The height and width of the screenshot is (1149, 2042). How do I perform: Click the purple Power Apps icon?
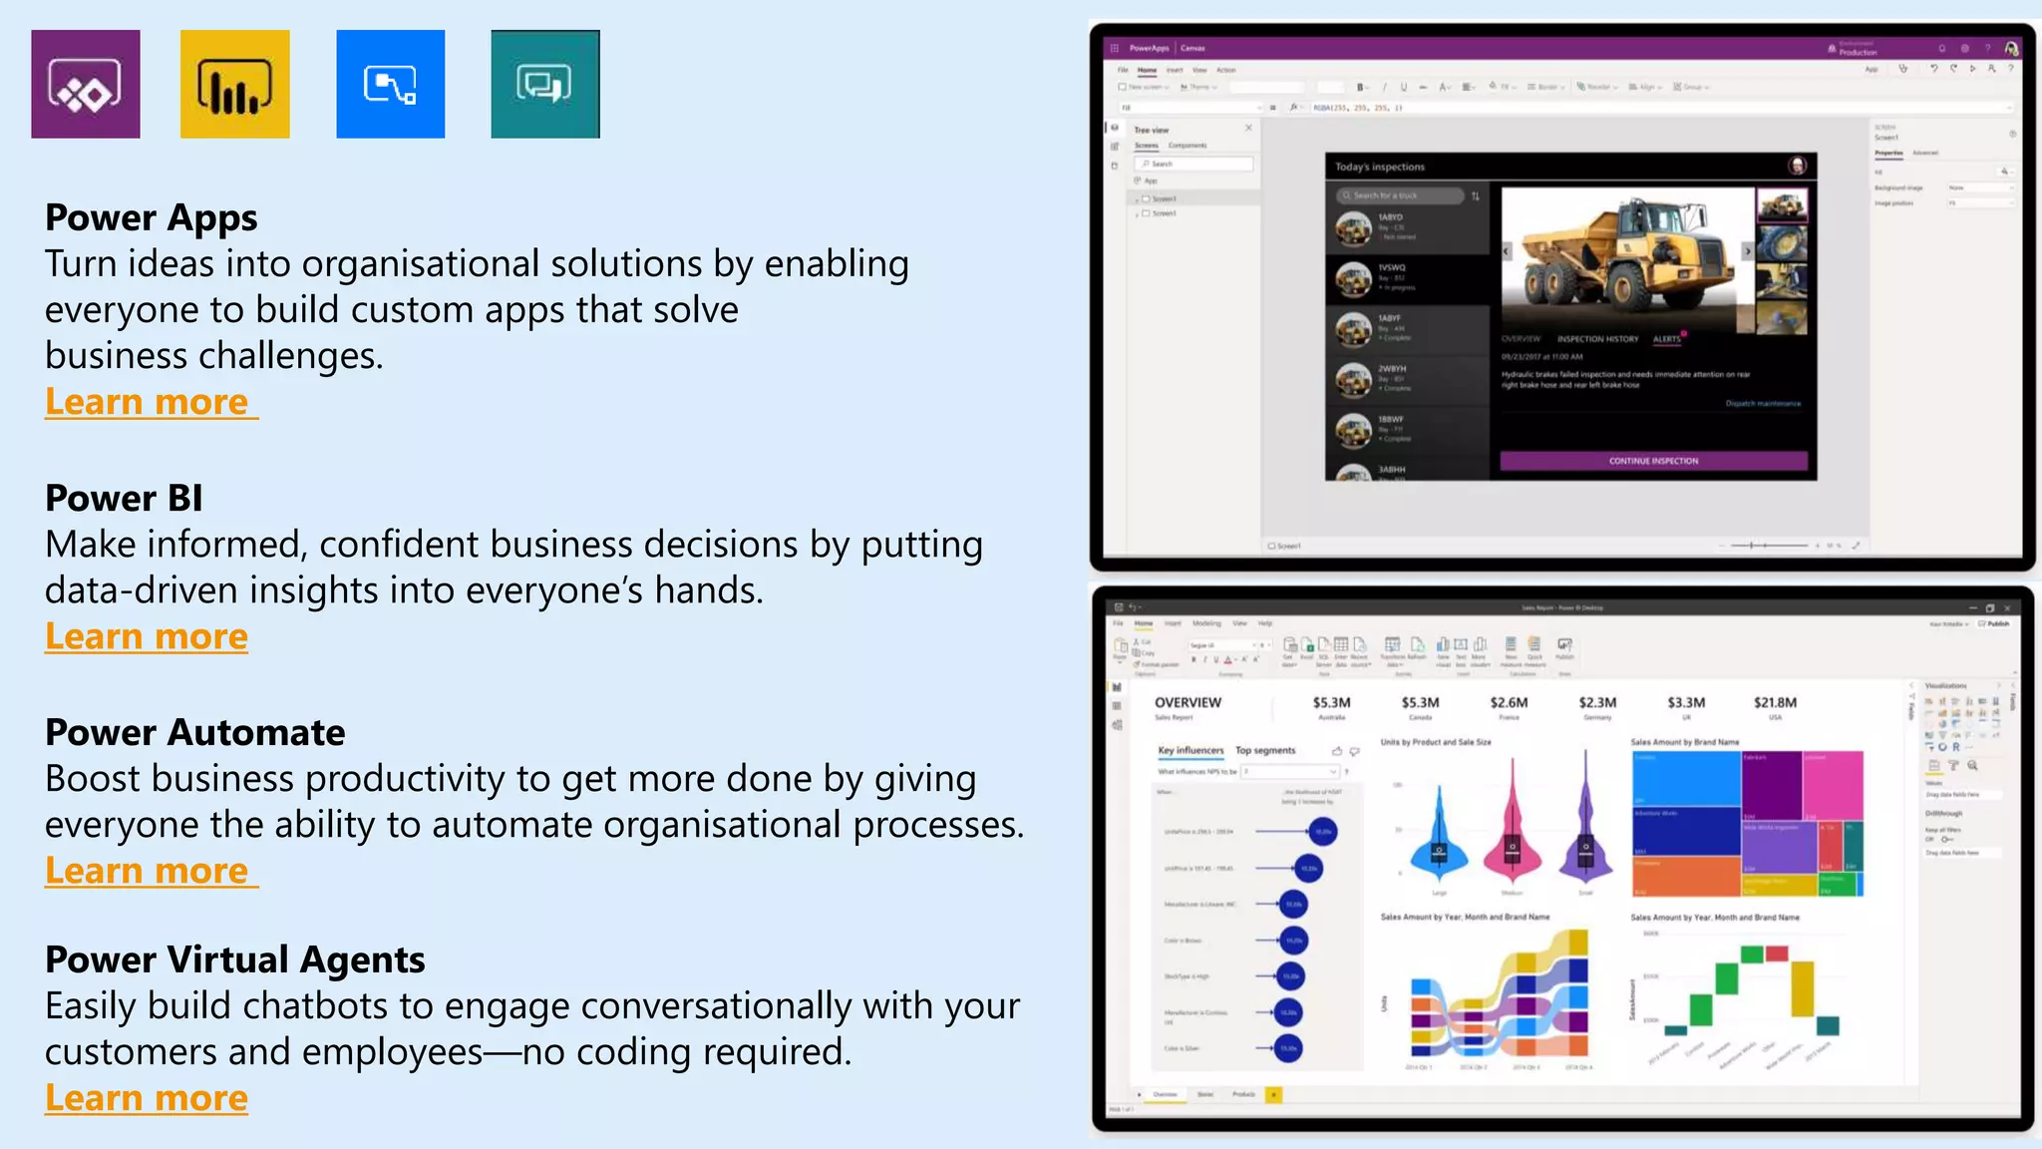click(86, 84)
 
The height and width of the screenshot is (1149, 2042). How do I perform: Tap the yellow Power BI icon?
click(235, 84)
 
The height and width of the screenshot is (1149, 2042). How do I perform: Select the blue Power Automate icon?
click(391, 84)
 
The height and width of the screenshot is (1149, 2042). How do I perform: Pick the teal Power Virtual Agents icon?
click(545, 84)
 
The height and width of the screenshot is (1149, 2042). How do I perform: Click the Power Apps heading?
click(152, 217)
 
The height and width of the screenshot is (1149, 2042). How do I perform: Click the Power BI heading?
click(124, 498)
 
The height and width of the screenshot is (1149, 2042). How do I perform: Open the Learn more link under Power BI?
click(147, 636)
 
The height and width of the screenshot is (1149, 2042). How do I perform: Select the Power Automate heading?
click(195, 732)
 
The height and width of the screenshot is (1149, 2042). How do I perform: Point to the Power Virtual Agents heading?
click(235, 959)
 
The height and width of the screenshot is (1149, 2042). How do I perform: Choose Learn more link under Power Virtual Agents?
click(147, 1098)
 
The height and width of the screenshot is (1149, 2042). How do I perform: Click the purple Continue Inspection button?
click(1653, 461)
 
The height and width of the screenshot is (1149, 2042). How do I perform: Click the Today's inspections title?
click(1380, 167)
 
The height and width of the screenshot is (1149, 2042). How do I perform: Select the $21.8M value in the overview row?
click(1775, 703)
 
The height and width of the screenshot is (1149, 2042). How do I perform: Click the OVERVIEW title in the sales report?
click(1188, 703)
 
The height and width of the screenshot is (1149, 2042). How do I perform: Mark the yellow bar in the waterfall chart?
click(1802, 987)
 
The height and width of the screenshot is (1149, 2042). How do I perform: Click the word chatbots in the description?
click(317, 1005)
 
